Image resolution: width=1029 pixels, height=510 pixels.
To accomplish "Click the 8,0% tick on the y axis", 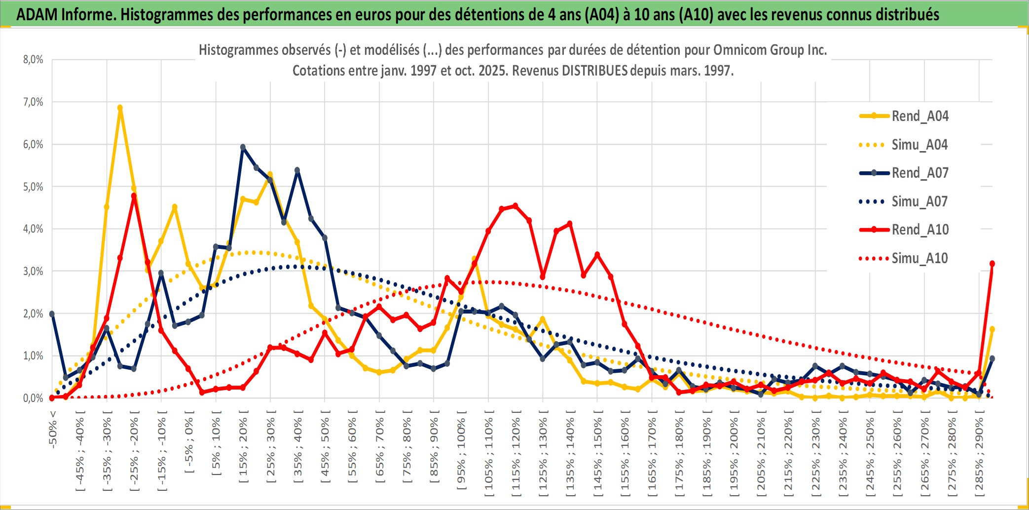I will pyautogui.click(x=33, y=60).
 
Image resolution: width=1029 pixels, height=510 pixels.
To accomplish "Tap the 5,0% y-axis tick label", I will pyautogui.click(x=33, y=187).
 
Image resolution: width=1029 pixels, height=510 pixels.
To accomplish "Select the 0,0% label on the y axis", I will pyautogui.click(x=33, y=398).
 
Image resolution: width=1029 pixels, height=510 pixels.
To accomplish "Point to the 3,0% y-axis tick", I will pyautogui.click(x=33, y=271).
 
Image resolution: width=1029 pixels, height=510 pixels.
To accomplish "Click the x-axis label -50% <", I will pyautogui.click(x=53, y=430).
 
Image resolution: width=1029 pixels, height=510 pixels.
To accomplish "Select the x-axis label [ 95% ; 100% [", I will pyautogui.click(x=461, y=453).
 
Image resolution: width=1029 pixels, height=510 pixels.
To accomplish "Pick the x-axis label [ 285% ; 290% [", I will pyautogui.click(x=979, y=456).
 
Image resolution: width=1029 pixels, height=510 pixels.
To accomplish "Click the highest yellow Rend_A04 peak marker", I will pyautogui.click(x=120, y=108).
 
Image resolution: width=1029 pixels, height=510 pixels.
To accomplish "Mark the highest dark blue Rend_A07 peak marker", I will pyautogui.click(x=243, y=147).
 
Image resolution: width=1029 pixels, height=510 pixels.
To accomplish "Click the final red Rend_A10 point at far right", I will pyautogui.click(x=992, y=264).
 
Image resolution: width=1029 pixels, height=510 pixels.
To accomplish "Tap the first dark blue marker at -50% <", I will pyautogui.click(x=52, y=314).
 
